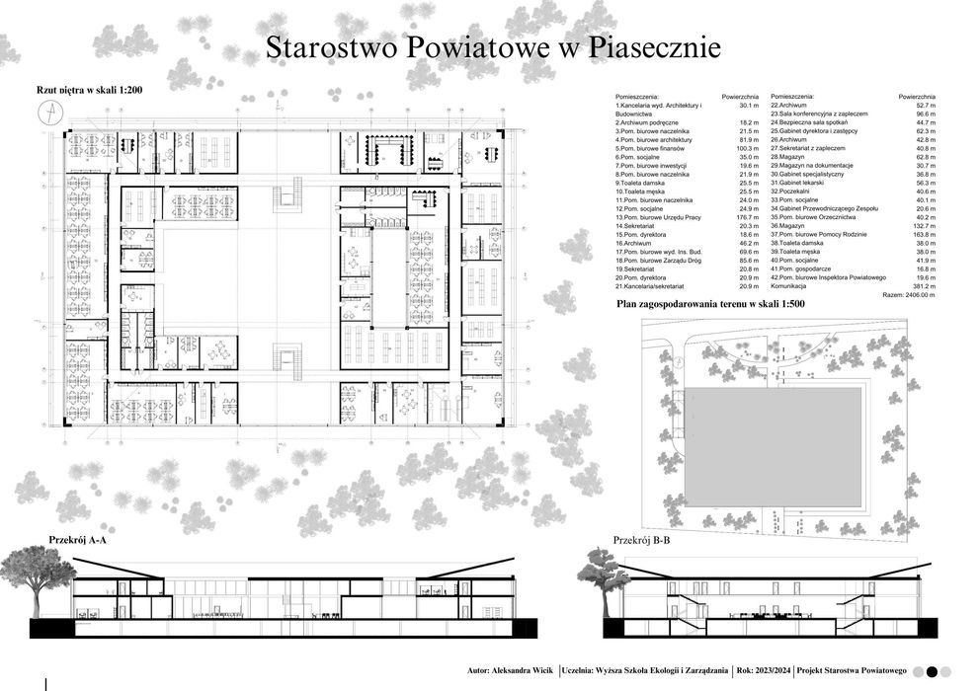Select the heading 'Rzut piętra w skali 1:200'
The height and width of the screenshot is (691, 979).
[x=89, y=91]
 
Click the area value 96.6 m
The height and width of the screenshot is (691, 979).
[x=922, y=114]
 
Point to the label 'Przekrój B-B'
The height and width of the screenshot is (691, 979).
[x=642, y=540]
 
